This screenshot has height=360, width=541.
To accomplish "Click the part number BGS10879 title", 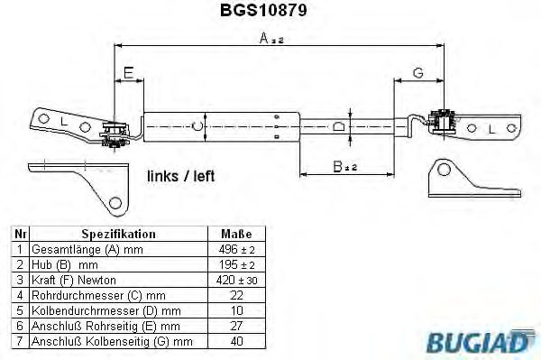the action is [263, 10].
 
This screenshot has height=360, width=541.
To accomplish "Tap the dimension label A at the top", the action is [271, 38].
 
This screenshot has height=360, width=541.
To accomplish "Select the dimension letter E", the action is [128, 73].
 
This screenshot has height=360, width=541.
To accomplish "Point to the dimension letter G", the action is [418, 73].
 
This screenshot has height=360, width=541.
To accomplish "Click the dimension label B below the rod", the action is [344, 167].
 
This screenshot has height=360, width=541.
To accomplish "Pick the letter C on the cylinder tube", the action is [197, 126].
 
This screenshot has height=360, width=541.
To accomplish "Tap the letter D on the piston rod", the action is [339, 126].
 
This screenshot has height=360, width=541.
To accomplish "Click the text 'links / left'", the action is [181, 176].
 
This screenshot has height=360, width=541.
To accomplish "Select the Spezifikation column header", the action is [118, 234].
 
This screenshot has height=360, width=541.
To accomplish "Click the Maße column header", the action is [236, 234].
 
